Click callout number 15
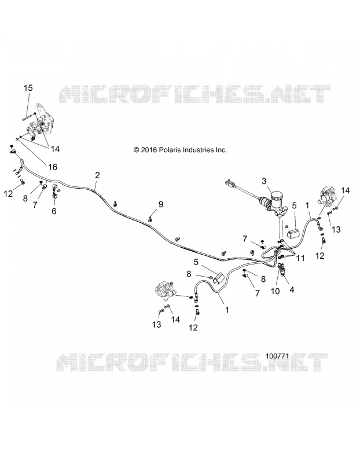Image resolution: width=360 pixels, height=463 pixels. coord(28,88)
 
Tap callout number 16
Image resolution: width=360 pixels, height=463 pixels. coord(53,167)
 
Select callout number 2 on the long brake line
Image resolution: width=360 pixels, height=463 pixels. coord(97,175)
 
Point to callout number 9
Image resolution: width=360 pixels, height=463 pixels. coord(161,204)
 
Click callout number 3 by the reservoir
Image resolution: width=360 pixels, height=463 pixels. coord(264,181)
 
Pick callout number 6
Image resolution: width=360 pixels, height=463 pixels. coord(54,211)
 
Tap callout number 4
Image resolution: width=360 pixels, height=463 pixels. coord(292,290)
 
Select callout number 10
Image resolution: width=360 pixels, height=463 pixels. coord(275,291)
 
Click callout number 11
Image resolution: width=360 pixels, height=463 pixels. coord(300,258)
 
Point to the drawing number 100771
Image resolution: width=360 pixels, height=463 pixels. coord(277,356)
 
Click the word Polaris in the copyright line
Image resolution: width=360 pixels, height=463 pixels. coord(170,150)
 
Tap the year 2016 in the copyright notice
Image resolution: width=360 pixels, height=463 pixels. coord(149,150)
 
